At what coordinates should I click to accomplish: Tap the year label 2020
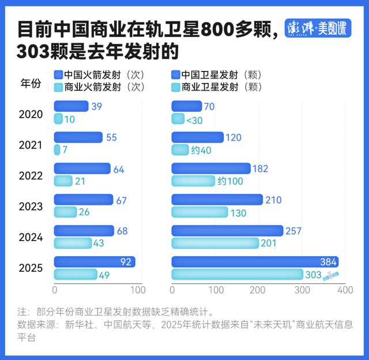[31, 114]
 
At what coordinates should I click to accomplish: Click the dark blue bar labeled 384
[254, 262]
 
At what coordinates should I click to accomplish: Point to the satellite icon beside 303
[331, 276]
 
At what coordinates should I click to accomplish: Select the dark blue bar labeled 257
[227, 231]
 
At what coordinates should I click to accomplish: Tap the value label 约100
[231, 181]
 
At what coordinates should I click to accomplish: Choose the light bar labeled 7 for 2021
[57, 150]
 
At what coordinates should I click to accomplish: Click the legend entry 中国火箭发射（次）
[98, 75]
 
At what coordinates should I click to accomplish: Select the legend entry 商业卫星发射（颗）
[216, 88]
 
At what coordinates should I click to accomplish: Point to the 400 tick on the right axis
[345, 289]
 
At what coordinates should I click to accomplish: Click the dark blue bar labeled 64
[82, 168]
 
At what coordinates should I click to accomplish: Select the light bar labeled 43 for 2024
[73, 243]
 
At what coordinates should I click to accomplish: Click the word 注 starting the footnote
[23, 312]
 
